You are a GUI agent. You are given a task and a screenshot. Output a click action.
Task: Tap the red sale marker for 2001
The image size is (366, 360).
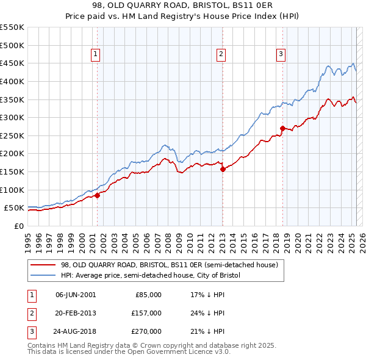(97, 195)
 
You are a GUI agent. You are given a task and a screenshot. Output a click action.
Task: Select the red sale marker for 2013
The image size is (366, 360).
(223, 170)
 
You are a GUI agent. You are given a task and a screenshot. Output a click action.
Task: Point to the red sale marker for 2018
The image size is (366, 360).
(282, 128)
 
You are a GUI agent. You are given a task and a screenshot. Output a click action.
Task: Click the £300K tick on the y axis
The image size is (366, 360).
(12, 117)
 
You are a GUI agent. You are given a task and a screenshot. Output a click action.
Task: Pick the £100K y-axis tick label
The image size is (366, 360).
(12, 190)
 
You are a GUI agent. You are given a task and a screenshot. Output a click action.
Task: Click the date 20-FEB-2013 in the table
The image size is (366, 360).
(76, 313)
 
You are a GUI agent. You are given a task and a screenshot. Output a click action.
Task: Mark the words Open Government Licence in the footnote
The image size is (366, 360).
(178, 352)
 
